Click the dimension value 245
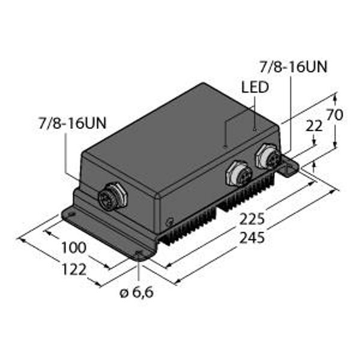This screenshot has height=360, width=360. [252, 238]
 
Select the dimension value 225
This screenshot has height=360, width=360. [252, 219]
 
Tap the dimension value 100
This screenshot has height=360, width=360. [74, 247]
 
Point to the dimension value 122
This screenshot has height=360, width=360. [74, 269]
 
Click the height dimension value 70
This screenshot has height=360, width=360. [335, 115]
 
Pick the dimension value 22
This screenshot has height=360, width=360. [314, 126]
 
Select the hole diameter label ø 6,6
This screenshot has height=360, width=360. [137, 293]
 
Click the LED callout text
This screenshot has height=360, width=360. [255, 87]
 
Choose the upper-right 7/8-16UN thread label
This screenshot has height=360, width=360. [293, 67]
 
